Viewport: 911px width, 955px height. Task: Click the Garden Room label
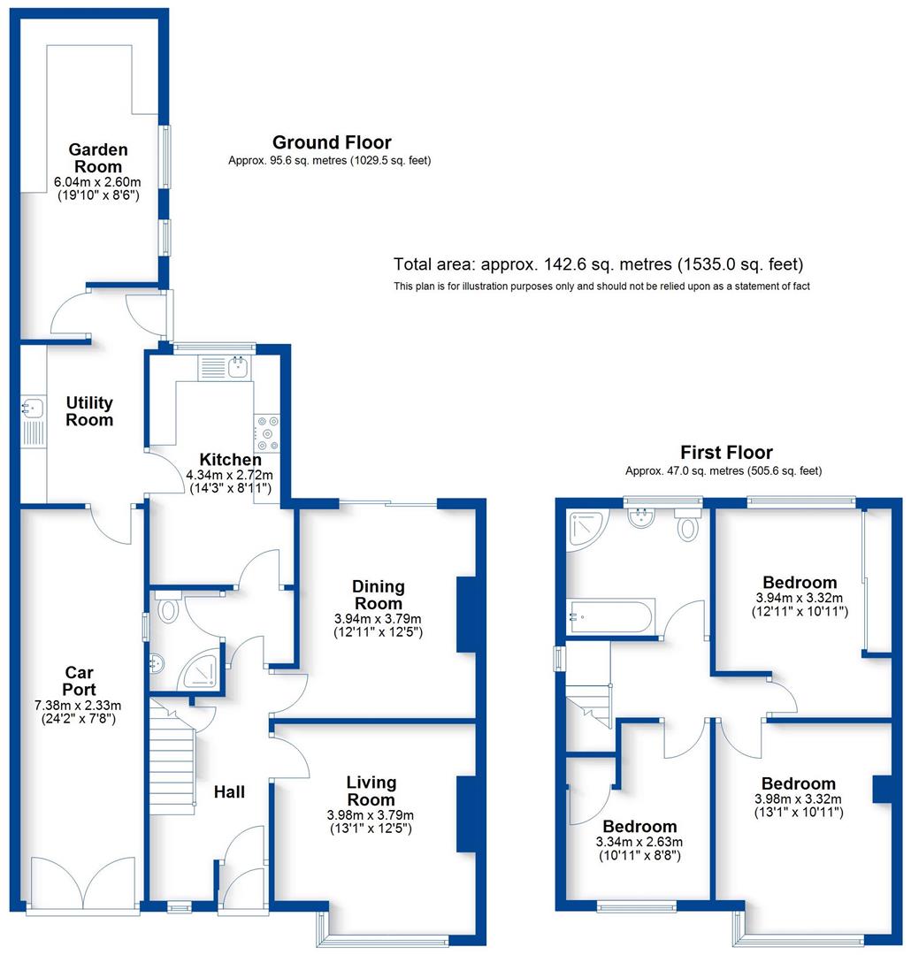[x=99, y=158]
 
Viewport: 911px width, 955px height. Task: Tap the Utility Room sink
[x=32, y=409]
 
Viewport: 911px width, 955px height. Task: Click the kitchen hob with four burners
[x=267, y=433]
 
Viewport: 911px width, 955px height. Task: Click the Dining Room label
[x=378, y=594]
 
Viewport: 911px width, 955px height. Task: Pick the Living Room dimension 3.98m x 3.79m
[x=371, y=815]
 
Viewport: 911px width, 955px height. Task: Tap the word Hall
[x=229, y=791]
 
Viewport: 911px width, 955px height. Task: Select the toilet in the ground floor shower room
[x=168, y=608]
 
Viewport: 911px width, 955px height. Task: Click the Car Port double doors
[x=84, y=880]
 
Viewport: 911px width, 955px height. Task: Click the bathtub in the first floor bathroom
[x=610, y=616]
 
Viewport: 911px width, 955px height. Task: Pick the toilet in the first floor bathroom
[x=688, y=525]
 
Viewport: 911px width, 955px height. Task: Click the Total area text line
[x=598, y=264]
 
